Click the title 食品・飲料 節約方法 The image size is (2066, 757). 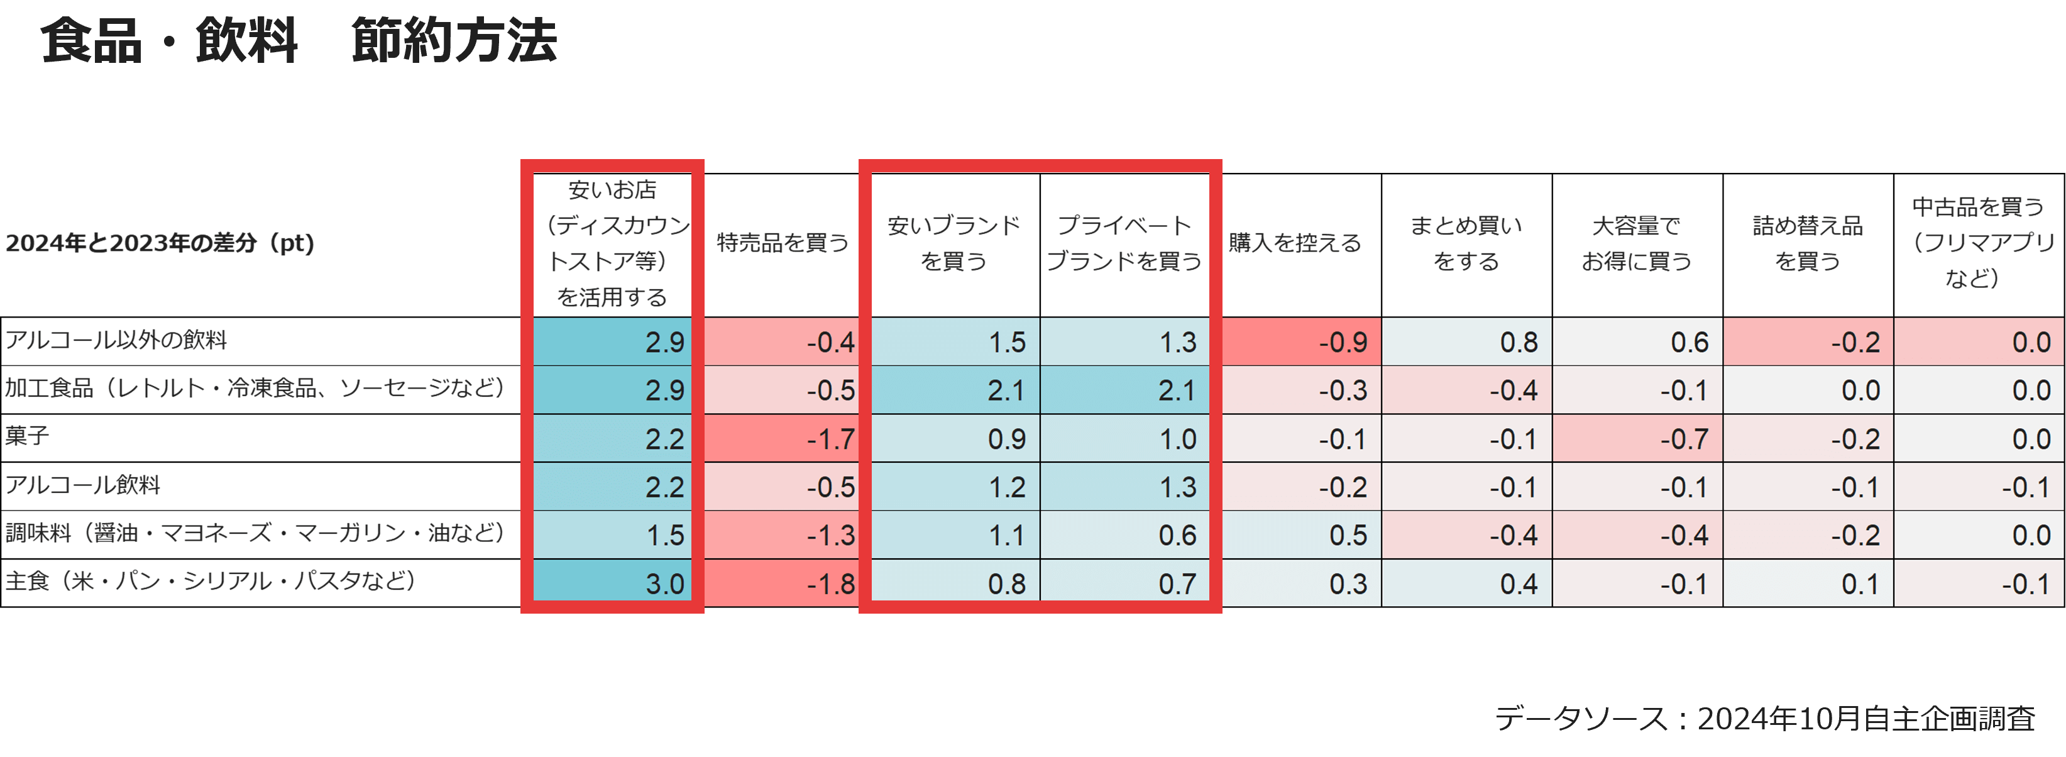click(x=299, y=40)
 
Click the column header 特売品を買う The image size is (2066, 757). click(x=783, y=243)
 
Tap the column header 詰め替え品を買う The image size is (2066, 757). click(x=1808, y=243)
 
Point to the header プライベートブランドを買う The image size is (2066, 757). click(x=1124, y=243)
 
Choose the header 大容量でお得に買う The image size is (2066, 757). click(x=1637, y=243)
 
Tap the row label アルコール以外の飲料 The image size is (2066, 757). click(x=116, y=340)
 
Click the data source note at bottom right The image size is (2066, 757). click(x=1764, y=718)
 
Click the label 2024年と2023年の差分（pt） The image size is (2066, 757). click(x=160, y=243)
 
